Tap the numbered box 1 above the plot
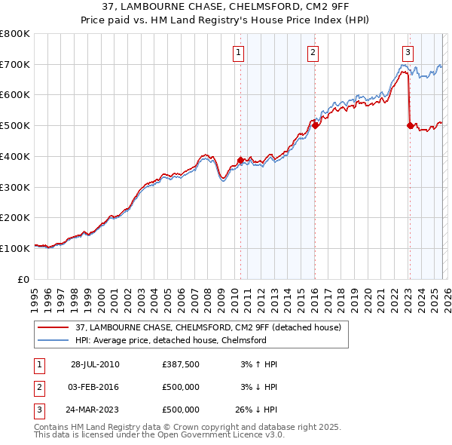tap(239, 53)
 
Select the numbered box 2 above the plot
tap(313, 53)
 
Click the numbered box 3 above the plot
tap(408, 53)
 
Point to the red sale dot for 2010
tap(240, 160)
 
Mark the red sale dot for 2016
tap(315, 126)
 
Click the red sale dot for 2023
tap(410, 126)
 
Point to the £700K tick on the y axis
tap(17, 65)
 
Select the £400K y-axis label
tap(17, 157)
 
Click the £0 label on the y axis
tap(24, 279)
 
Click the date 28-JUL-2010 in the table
tap(95, 364)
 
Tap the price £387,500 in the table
tap(181, 364)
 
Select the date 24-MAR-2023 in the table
tap(95, 410)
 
